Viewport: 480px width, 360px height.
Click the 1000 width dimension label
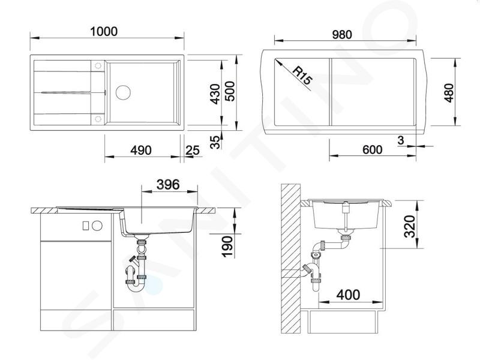pyautogui.click(x=104, y=32)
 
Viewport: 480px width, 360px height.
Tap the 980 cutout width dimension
pyautogui.click(x=342, y=35)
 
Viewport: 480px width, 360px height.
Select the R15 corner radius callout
pyautogui.click(x=302, y=76)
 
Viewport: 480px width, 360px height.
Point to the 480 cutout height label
pyautogui.click(x=449, y=92)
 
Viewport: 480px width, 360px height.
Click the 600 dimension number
pyautogui.click(x=372, y=149)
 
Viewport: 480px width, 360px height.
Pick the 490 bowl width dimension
pyautogui.click(x=141, y=151)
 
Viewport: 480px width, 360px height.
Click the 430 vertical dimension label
pyautogui.click(x=216, y=94)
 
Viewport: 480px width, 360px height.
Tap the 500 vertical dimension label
pyautogui.click(x=230, y=91)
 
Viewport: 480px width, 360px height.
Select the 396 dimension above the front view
pyautogui.click(x=168, y=185)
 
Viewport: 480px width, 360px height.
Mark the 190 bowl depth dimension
pyautogui.click(x=227, y=246)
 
